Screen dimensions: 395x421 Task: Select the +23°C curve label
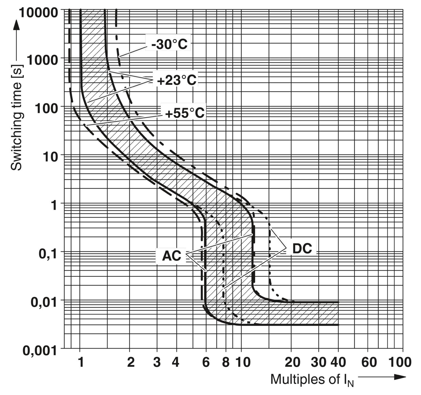pyautogui.click(x=177, y=80)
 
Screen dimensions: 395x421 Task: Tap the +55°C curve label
pyautogui.click(x=185, y=113)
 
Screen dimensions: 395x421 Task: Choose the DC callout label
pyautogui.click(x=302, y=248)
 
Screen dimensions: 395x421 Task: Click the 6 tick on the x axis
pyautogui.click(x=206, y=362)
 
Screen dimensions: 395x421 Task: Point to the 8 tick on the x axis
pyautogui.click(x=226, y=362)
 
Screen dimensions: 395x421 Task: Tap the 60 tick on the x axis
pyautogui.click(x=369, y=362)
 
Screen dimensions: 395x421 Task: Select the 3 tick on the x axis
pyautogui.click(x=157, y=362)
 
